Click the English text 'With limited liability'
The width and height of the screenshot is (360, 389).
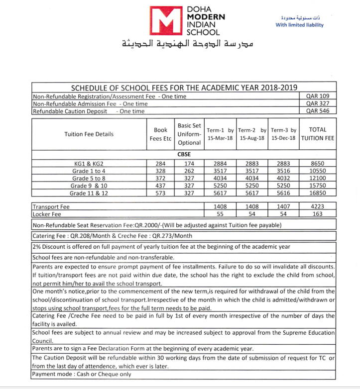pyautogui.click(x=299, y=25)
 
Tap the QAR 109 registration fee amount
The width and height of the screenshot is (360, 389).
pyautogui.click(x=318, y=96)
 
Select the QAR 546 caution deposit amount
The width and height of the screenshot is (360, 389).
pyautogui.click(x=318, y=111)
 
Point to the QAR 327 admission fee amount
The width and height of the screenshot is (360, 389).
pyautogui.click(x=318, y=103)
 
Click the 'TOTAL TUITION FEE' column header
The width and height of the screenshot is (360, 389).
pyautogui.click(x=318, y=134)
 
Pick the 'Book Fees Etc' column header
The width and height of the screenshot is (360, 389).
pyautogui.click(x=160, y=134)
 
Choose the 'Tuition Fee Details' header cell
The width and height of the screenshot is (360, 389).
pyautogui.click(x=89, y=134)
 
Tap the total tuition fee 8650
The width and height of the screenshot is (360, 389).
pyautogui.click(x=318, y=163)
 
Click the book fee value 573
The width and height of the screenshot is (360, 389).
pyautogui.click(x=160, y=193)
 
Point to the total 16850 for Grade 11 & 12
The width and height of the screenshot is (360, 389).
pyautogui.click(x=318, y=193)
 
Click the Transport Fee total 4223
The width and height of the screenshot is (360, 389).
pyautogui.click(x=318, y=206)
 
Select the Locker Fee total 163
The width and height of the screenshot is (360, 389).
pyautogui.click(x=318, y=213)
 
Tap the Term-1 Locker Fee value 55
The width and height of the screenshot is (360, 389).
pyautogui.click(x=220, y=213)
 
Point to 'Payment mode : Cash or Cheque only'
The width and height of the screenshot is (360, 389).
pyautogui.click(x=82, y=374)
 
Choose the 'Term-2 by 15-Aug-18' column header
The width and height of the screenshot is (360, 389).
pyautogui.click(x=252, y=134)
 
